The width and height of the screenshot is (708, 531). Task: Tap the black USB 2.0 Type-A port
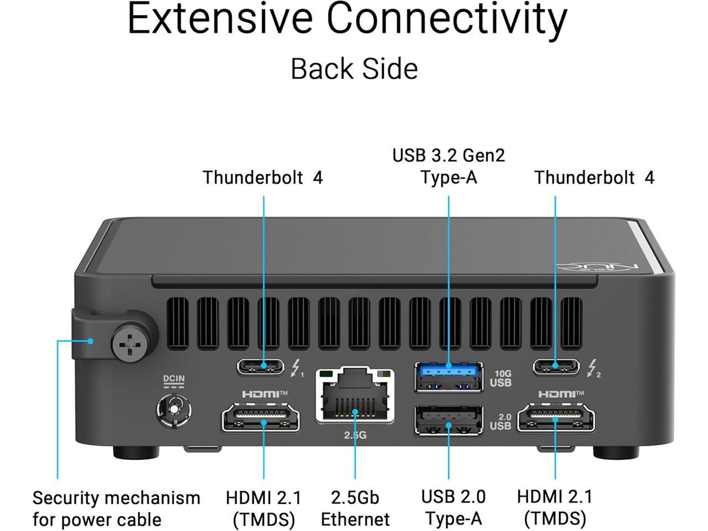click(449, 420)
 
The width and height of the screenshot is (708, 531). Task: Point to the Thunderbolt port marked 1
click(261, 366)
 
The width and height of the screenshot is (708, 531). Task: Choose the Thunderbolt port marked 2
click(556, 366)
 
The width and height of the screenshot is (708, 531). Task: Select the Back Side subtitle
click(354, 69)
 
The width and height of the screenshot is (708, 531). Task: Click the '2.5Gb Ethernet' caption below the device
click(355, 508)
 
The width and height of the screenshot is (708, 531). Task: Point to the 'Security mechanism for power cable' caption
click(116, 508)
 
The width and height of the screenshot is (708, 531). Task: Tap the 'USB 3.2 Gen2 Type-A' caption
click(449, 166)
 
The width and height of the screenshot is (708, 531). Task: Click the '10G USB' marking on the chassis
click(501, 379)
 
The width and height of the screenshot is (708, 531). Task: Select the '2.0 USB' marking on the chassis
click(501, 422)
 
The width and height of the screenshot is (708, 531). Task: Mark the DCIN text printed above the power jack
click(174, 379)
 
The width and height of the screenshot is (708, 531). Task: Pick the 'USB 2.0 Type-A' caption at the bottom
click(453, 508)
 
